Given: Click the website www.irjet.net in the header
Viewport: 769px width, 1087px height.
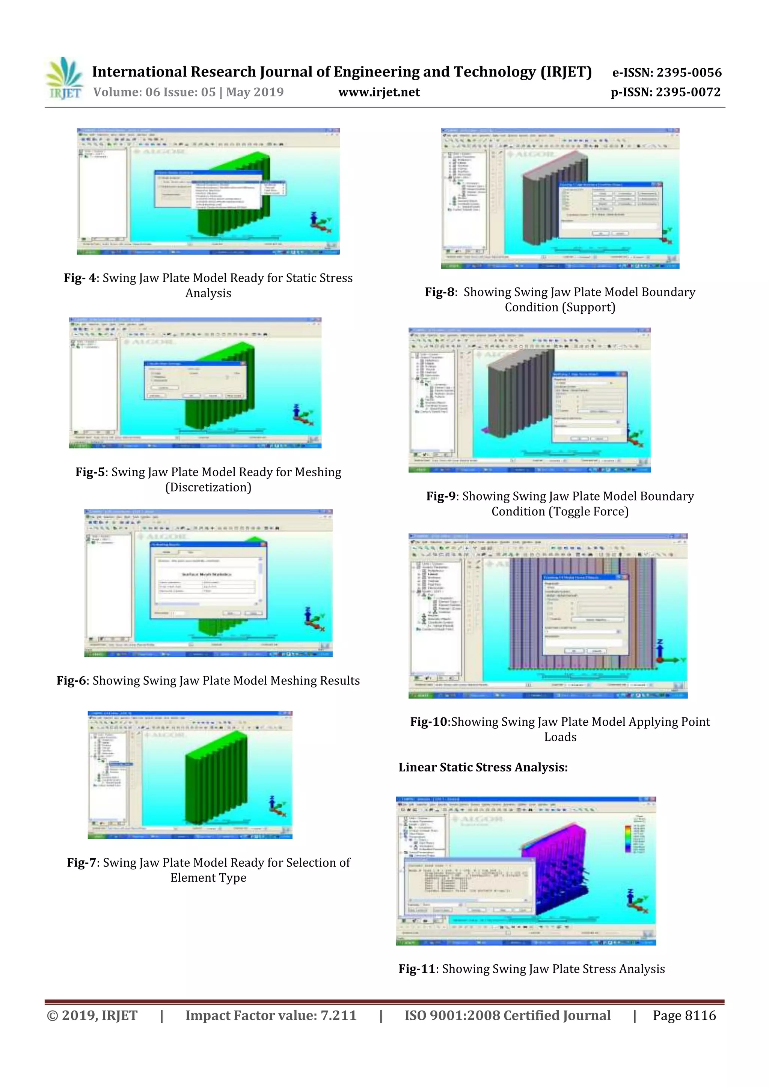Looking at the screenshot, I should click(x=378, y=92).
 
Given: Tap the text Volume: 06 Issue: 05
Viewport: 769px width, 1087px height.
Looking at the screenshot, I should click(x=154, y=92).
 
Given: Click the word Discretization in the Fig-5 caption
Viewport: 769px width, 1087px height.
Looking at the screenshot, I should click(x=208, y=487).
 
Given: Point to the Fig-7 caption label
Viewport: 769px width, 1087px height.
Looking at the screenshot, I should click(x=83, y=862).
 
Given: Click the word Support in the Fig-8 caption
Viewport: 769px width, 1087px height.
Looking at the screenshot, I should click(x=588, y=307).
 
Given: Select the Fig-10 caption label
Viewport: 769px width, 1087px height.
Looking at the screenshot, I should click(x=428, y=722).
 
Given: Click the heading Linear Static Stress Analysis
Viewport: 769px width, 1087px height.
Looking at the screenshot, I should click(x=483, y=767).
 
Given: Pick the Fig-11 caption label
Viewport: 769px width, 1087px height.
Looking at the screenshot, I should click(x=416, y=969).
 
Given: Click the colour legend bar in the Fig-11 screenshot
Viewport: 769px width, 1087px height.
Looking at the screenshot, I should click(x=628, y=839).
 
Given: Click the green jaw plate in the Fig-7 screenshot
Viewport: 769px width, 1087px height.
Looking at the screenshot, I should click(x=218, y=786).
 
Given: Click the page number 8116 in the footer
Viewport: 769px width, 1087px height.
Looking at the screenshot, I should click(x=700, y=1015).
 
